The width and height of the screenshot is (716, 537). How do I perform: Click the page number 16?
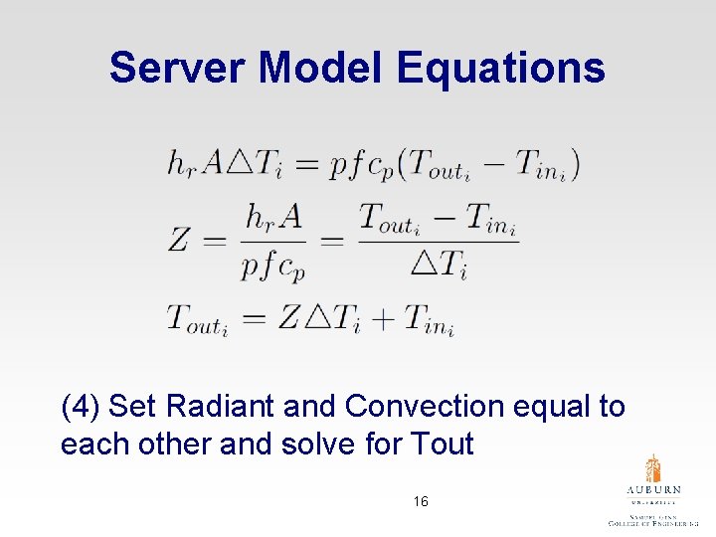click(421, 502)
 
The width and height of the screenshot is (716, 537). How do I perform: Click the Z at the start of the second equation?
click(179, 239)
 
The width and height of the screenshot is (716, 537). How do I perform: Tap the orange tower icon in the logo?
click(652, 468)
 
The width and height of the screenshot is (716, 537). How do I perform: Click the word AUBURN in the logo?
click(653, 490)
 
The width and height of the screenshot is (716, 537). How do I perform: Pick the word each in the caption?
click(91, 444)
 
